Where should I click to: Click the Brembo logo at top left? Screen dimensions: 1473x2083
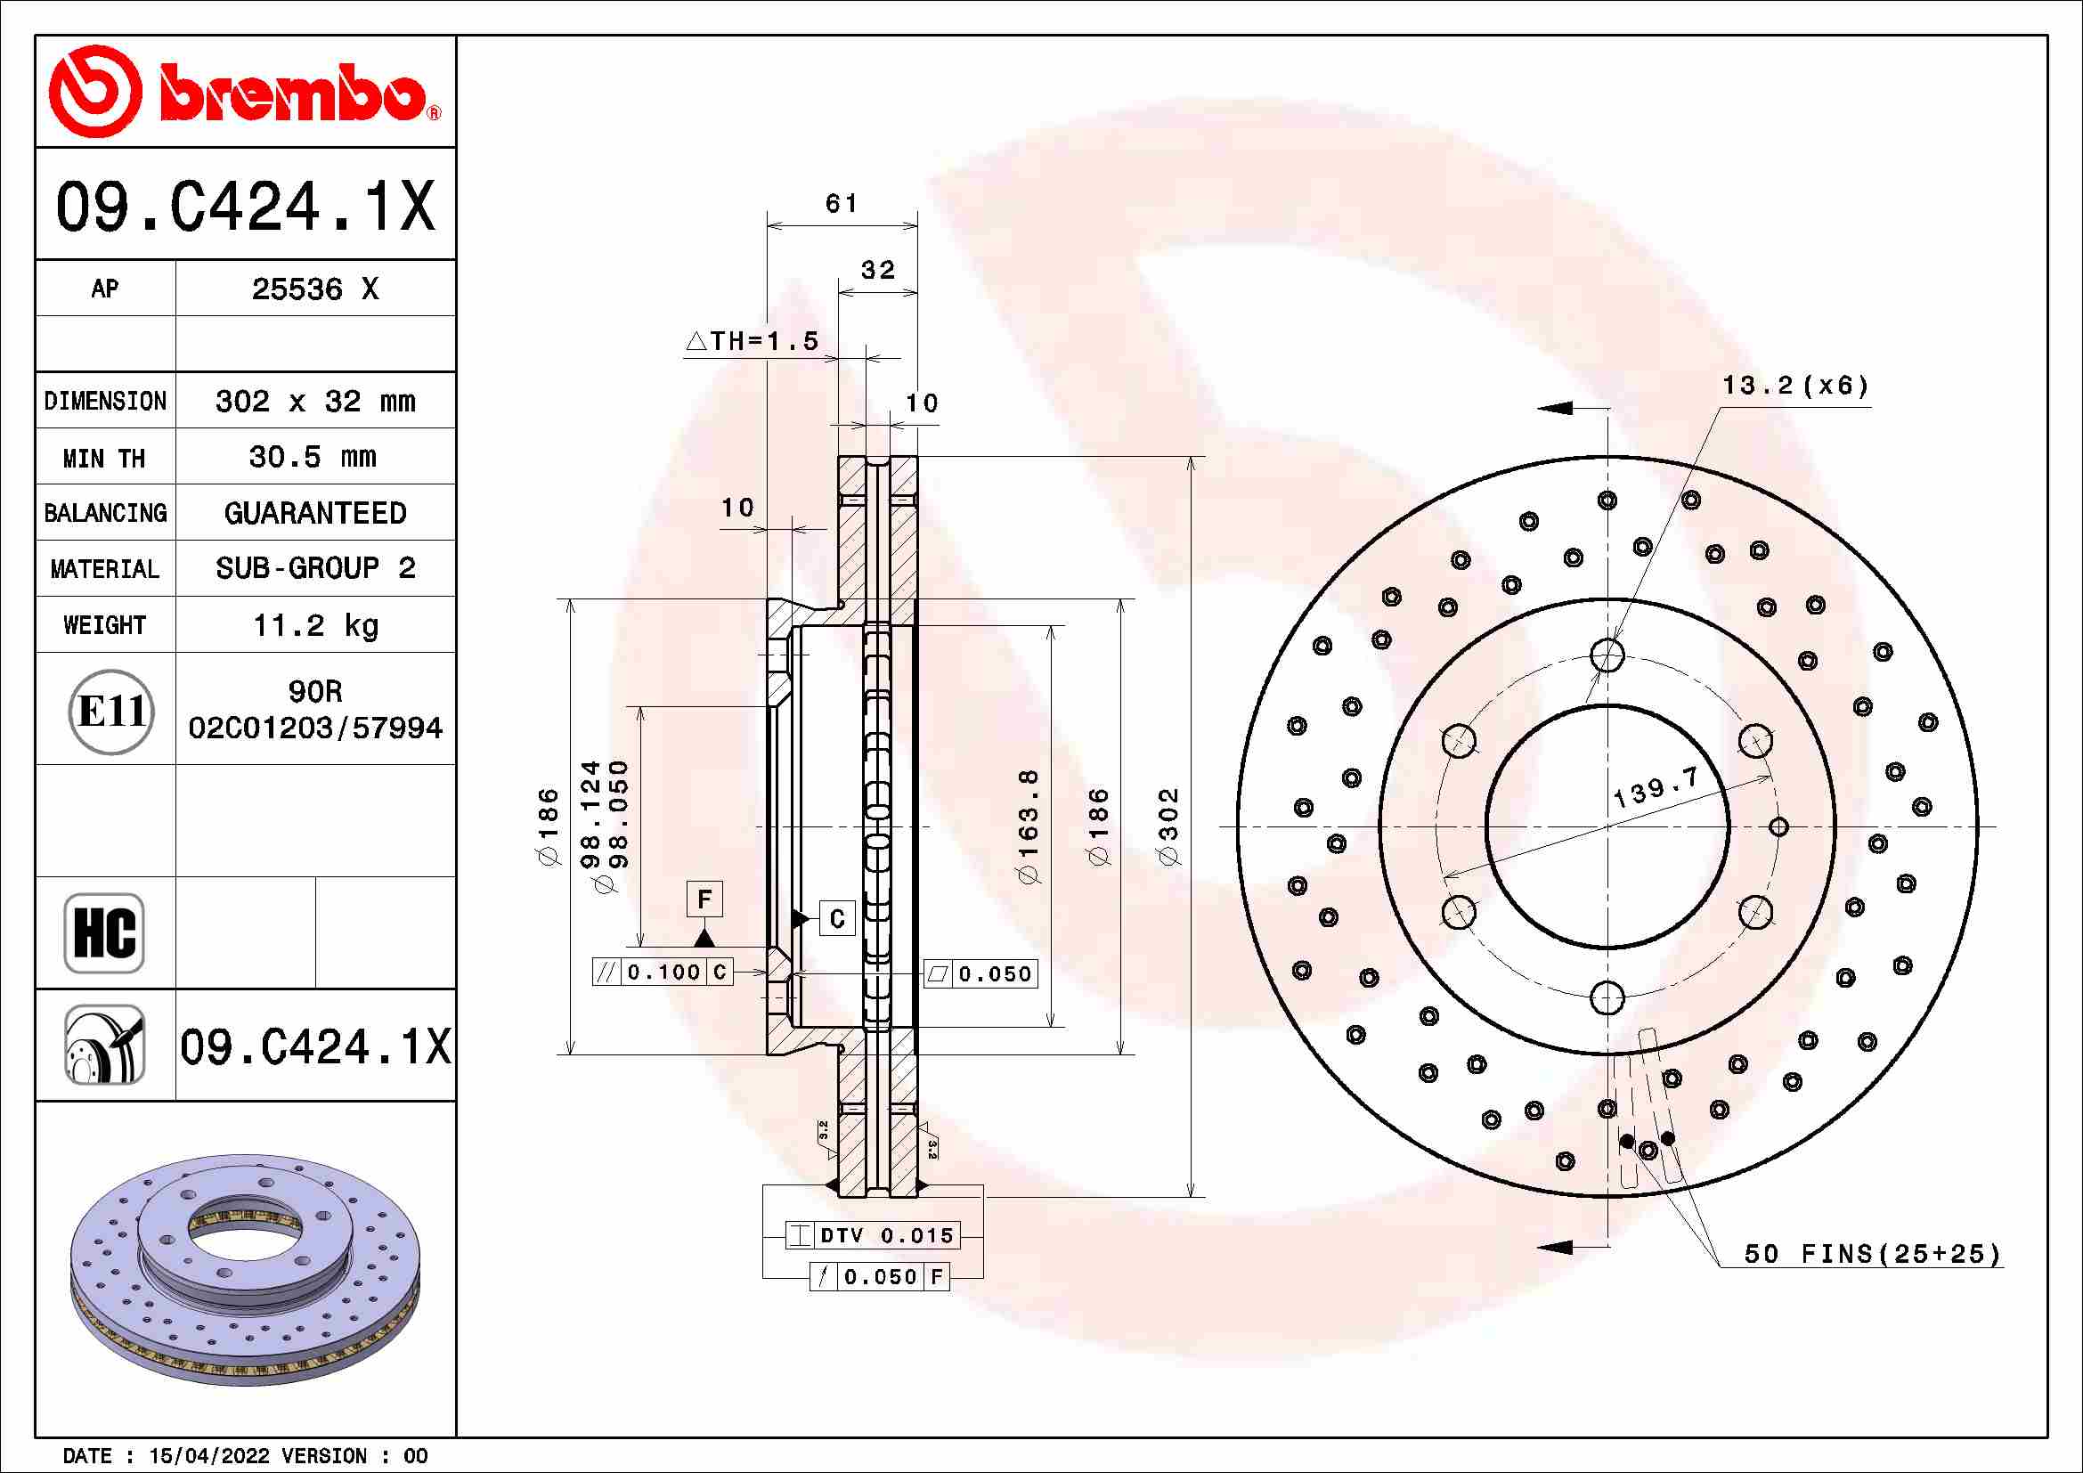[245, 92]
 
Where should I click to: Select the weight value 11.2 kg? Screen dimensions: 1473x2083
[314, 625]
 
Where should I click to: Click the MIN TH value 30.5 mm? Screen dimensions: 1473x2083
[313, 457]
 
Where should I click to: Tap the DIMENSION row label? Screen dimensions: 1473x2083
[105, 401]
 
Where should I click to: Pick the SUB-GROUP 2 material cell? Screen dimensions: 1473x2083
[314, 569]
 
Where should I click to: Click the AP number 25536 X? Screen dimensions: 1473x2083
[314, 289]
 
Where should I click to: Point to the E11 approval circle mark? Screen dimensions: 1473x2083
[110, 711]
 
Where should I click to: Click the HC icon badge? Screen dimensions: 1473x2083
[104, 932]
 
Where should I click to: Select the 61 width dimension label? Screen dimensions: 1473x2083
[841, 203]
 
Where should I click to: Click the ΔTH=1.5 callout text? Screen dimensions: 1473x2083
[753, 342]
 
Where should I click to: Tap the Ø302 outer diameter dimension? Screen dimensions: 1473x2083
[1168, 826]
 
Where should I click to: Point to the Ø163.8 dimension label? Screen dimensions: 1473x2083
[1028, 826]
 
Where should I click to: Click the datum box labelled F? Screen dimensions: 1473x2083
[705, 899]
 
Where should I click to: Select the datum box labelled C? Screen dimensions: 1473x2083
[836, 919]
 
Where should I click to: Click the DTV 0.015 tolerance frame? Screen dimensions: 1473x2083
[872, 1235]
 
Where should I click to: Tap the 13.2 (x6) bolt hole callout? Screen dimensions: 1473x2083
[1795, 387]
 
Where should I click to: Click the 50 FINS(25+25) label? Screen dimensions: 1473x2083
[1872, 1255]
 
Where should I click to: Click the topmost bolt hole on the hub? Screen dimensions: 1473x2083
[1607, 654]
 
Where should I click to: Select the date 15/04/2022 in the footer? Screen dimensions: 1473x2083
[208, 1456]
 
